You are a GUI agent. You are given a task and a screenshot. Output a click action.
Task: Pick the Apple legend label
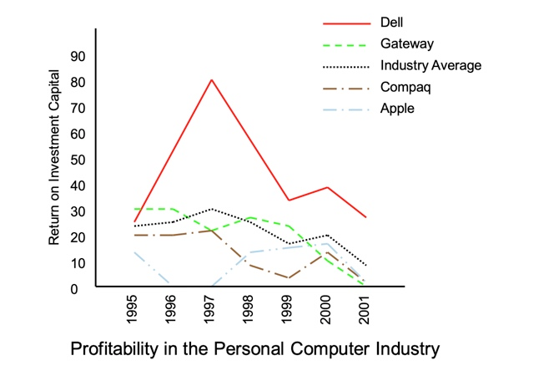click(397, 108)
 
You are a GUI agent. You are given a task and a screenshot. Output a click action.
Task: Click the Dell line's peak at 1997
click(211, 79)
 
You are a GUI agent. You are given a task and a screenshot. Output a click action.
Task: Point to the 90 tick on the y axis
click(79, 56)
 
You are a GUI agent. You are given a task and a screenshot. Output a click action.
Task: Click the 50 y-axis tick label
click(79, 160)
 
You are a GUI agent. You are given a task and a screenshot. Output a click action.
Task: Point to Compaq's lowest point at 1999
click(288, 278)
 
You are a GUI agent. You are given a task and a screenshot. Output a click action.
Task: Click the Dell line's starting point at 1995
click(135, 222)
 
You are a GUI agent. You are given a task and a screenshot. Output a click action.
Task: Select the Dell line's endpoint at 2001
click(365, 217)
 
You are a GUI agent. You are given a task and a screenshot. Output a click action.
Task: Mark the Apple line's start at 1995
click(135, 252)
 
